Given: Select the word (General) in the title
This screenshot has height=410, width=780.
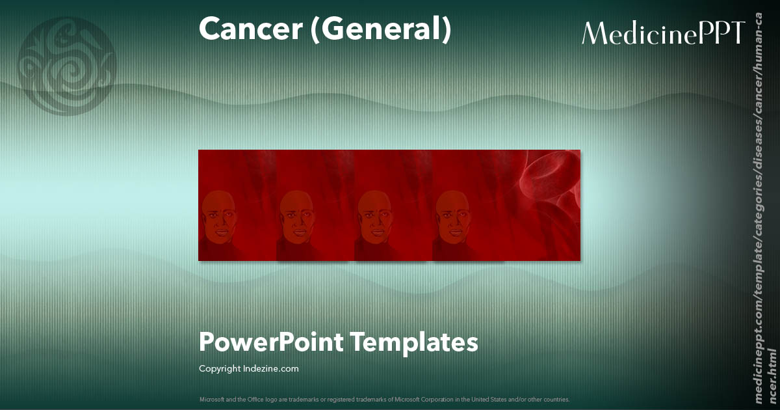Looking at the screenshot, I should coord(380,30).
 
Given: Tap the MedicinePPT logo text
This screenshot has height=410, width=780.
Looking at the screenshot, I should coord(662,33).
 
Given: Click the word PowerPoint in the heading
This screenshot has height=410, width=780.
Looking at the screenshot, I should coord(270,342).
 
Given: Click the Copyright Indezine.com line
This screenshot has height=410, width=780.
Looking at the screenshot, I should coord(248,368).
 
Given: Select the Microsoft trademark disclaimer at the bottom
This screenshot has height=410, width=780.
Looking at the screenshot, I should coord(384,399).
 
